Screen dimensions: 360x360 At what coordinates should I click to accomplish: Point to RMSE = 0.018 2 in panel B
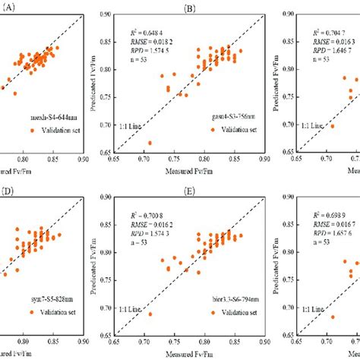point(155,45)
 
